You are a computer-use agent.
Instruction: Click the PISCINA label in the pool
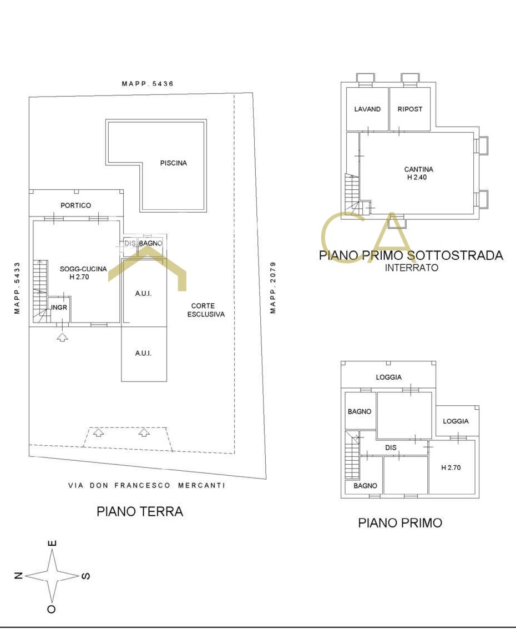[x=173, y=163]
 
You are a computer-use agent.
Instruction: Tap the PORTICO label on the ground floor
[x=76, y=205]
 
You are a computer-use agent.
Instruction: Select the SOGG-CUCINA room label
[x=83, y=269]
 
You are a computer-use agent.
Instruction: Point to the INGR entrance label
[x=59, y=307]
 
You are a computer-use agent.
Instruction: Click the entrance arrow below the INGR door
[x=62, y=337]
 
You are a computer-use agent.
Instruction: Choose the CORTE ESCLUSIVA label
[x=206, y=310]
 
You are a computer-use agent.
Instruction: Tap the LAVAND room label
[x=367, y=109]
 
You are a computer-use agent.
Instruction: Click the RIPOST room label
[x=410, y=109]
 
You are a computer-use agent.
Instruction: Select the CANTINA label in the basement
[x=418, y=169]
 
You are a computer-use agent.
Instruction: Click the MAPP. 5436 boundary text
[x=148, y=84]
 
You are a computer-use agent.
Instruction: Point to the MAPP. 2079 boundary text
[x=273, y=288]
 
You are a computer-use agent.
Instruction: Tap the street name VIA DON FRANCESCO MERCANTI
[x=146, y=485]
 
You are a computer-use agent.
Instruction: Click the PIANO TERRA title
[x=140, y=511]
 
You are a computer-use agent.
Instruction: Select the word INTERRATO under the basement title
[x=412, y=268]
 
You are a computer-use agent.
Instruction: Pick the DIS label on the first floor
[x=391, y=447]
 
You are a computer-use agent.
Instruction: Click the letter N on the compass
[x=18, y=576]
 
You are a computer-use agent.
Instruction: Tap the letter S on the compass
[x=86, y=576]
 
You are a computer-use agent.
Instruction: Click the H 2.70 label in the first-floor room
[x=451, y=468]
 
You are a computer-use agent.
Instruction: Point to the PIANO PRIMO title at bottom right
[x=400, y=523]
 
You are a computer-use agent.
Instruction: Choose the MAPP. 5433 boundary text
[x=17, y=288]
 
